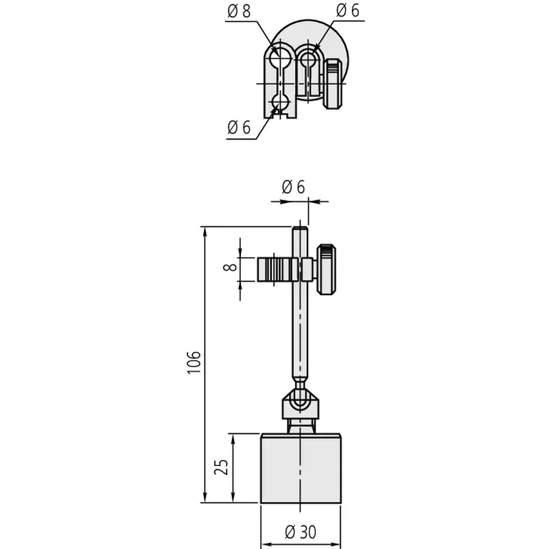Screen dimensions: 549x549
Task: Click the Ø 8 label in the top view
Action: click(239, 11)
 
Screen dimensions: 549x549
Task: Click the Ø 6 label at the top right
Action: click(348, 10)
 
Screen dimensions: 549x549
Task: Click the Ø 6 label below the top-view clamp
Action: click(239, 127)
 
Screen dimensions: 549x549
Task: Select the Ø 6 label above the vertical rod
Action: click(294, 187)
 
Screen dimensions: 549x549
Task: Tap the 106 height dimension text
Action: click(194, 362)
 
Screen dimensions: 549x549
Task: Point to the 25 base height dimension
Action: click(221, 467)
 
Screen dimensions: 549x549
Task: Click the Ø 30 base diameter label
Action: click(301, 532)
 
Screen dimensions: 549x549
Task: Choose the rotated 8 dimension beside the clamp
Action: click(230, 268)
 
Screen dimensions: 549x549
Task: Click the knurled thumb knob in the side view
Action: click(327, 270)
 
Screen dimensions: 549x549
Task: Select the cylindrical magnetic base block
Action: click(301, 469)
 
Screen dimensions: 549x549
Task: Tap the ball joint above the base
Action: click(300, 402)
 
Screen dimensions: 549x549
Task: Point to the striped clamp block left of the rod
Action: click(278, 269)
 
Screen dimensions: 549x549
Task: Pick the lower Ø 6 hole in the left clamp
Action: click(279, 102)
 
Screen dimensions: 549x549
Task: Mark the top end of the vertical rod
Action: click(300, 227)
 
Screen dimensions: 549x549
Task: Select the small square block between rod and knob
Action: click(307, 269)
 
